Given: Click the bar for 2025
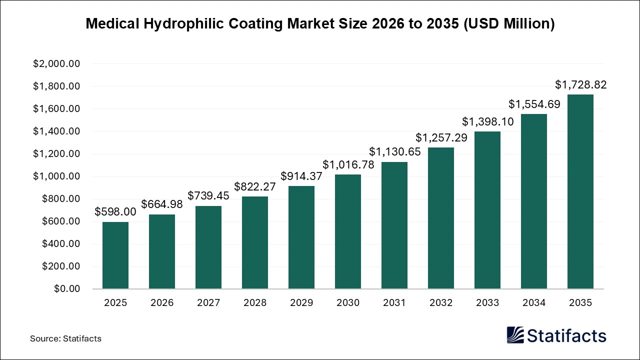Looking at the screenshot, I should click(x=115, y=255).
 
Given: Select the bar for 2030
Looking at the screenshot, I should click(x=348, y=231).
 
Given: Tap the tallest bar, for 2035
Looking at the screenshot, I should click(x=580, y=191).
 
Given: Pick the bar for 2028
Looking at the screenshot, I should click(x=255, y=242).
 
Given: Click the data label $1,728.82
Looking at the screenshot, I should click(x=580, y=85).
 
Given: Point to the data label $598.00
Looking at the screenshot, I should click(x=115, y=212).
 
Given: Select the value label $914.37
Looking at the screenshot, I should click(x=301, y=176).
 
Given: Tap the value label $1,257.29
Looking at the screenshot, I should click(x=441, y=138).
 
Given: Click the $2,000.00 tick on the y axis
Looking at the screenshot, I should click(x=56, y=64).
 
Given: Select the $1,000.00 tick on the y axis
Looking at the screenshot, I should click(x=56, y=176).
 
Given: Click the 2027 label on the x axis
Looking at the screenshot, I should click(x=208, y=303).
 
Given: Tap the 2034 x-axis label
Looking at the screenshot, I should click(x=534, y=303).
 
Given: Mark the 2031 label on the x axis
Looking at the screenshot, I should click(x=394, y=303).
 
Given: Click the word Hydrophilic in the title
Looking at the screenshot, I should click(x=187, y=24).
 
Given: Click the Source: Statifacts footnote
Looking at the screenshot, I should click(x=65, y=338).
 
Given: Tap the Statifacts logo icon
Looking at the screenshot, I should click(x=515, y=335).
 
